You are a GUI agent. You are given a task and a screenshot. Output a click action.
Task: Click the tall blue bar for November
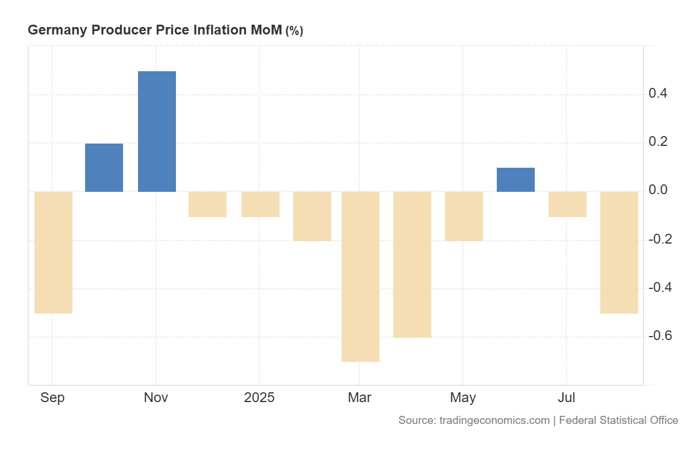pyautogui.click(x=157, y=132)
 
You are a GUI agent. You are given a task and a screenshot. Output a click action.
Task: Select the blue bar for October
pyautogui.click(x=104, y=168)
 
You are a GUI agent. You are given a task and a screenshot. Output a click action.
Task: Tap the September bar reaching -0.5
pyautogui.click(x=53, y=253)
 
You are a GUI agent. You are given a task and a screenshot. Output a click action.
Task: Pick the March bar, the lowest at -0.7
pyautogui.click(x=361, y=277)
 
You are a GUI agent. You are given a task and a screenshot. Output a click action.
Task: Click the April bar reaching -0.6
pyautogui.click(x=412, y=265)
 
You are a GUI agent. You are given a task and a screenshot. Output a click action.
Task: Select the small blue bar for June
pyautogui.click(x=516, y=180)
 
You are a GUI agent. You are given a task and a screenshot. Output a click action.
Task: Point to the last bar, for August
pyautogui.click(x=619, y=253)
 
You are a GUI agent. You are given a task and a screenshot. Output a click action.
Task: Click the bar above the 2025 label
pyautogui.click(x=260, y=204)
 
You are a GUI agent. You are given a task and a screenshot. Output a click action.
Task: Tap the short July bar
pyautogui.click(x=568, y=204)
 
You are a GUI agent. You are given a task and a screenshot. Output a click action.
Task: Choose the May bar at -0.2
pyautogui.click(x=464, y=217)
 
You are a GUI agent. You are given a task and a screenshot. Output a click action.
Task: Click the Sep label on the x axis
pyautogui.click(x=52, y=397)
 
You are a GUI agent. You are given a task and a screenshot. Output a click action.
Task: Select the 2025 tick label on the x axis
pyautogui.click(x=259, y=397)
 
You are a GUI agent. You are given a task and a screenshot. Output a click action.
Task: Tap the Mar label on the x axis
pyautogui.click(x=359, y=397)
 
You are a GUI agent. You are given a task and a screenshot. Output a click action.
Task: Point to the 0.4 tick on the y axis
pyautogui.click(x=658, y=94)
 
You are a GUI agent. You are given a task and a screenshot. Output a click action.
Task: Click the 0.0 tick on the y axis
pyautogui.click(x=658, y=190)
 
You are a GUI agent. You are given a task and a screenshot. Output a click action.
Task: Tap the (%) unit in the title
pyautogui.click(x=294, y=31)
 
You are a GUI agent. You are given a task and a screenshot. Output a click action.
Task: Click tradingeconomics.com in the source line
pyautogui.click(x=494, y=420)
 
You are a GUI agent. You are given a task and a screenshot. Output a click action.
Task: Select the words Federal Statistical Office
pyautogui.click(x=619, y=420)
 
